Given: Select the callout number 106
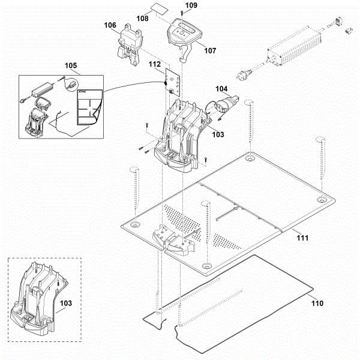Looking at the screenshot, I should click(110, 25).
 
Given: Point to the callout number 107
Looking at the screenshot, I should click(209, 50).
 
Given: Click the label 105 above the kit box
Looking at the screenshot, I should click(71, 65).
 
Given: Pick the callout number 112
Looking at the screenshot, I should click(154, 64).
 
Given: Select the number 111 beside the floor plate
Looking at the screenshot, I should click(301, 238).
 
